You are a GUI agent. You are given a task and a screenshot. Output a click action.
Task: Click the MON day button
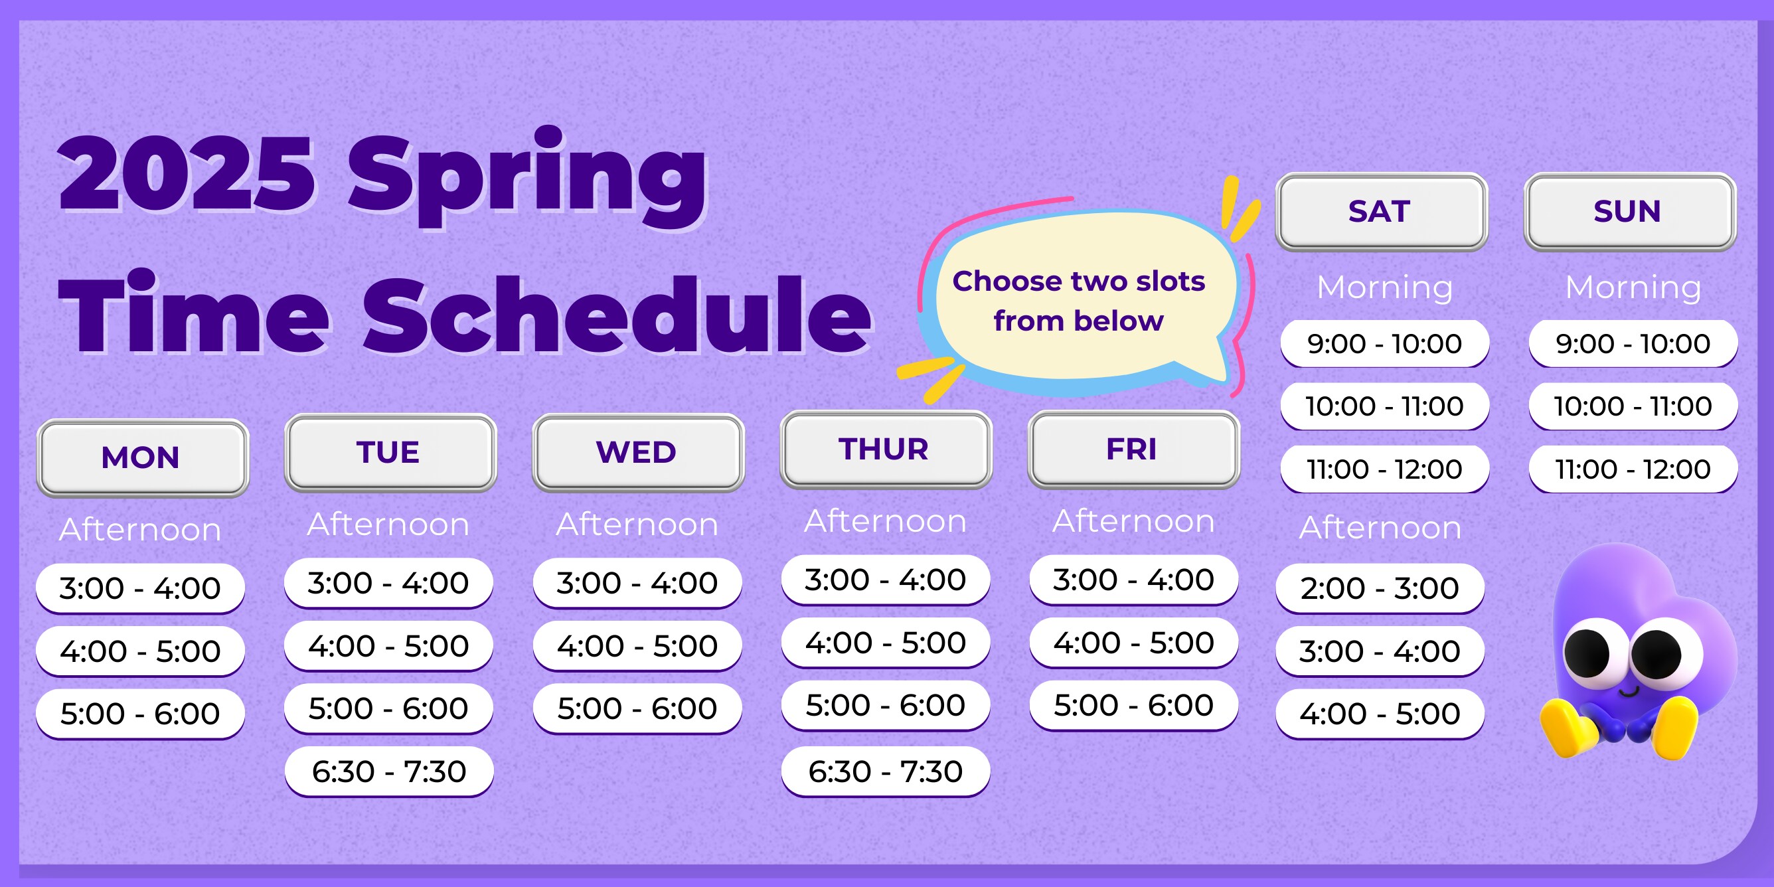click(142, 458)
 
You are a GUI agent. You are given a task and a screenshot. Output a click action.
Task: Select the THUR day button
click(886, 449)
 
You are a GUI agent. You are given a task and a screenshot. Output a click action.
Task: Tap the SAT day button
click(1382, 211)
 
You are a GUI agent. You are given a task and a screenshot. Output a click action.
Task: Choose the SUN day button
click(1630, 211)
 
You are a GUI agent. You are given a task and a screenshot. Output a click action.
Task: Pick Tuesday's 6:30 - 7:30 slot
click(389, 771)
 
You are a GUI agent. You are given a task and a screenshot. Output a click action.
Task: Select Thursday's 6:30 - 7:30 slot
click(886, 771)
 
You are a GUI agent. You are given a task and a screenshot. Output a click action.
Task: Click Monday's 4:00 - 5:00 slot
click(141, 651)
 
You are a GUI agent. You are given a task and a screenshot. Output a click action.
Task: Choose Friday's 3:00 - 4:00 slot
click(1133, 580)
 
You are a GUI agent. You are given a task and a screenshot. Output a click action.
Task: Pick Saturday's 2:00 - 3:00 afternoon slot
click(1380, 588)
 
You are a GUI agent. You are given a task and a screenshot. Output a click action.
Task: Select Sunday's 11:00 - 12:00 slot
click(1633, 469)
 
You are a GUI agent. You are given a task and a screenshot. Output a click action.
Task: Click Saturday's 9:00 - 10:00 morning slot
click(1385, 344)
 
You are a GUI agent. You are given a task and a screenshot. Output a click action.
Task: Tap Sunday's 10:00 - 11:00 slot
click(1633, 406)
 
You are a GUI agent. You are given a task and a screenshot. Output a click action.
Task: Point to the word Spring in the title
click(528, 177)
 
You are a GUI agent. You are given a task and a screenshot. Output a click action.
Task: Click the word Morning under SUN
click(1633, 287)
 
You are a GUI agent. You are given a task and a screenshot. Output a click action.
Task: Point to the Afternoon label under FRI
click(1133, 521)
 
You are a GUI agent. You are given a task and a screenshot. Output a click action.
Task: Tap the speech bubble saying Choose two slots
click(1079, 301)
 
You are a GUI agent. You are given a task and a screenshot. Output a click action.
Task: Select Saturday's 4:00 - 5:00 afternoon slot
click(1380, 714)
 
